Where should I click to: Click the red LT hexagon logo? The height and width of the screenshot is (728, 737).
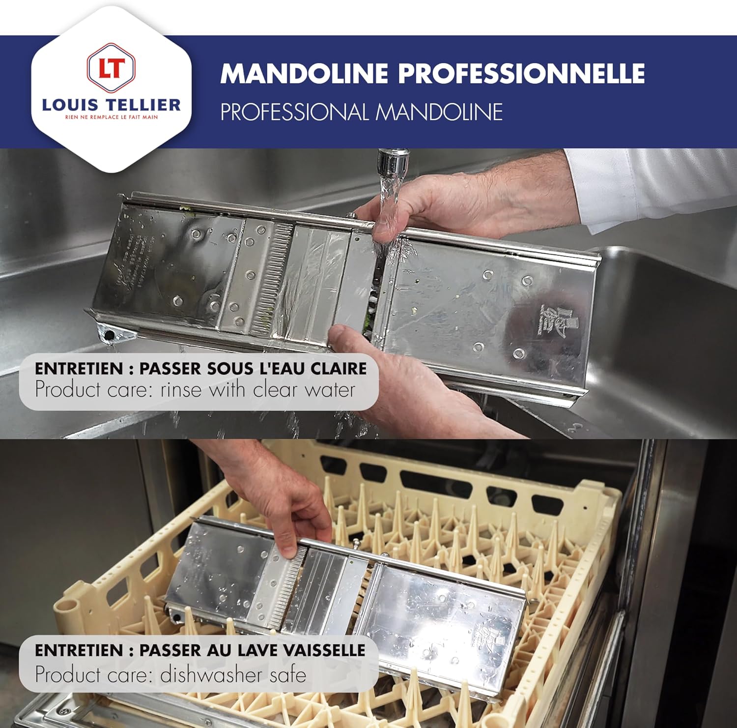coord(111,68)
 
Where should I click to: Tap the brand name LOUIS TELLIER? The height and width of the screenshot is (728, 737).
coord(111,104)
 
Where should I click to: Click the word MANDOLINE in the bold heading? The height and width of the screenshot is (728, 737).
coord(304,74)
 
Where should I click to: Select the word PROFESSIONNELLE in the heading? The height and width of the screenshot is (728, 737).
coord(521,74)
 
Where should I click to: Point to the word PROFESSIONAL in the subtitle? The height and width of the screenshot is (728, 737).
coord(294,112)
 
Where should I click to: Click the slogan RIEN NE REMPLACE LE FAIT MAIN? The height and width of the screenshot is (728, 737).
coord(112,117)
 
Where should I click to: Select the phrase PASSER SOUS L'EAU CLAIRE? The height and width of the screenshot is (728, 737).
coord(253,369)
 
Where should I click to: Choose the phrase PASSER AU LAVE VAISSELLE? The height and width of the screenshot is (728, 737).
coord(252,650)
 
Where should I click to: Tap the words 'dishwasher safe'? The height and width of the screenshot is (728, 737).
coord(233,674)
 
